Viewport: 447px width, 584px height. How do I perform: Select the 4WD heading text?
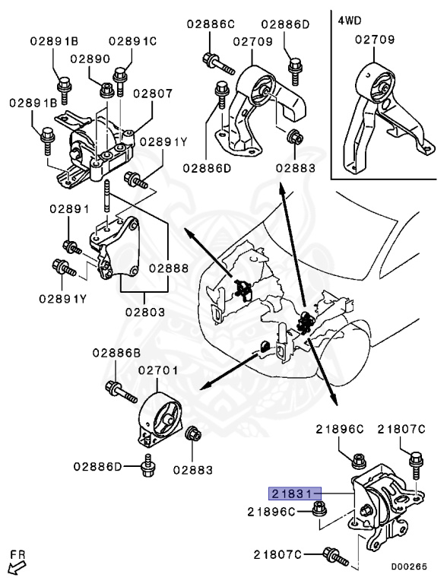pos(350,19)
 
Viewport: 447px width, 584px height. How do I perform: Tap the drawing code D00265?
pos(410,567)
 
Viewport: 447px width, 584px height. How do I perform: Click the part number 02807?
pos(154,94)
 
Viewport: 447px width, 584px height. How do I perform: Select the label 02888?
pos(169,268)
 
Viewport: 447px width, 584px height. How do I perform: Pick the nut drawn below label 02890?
pos(107,90)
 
